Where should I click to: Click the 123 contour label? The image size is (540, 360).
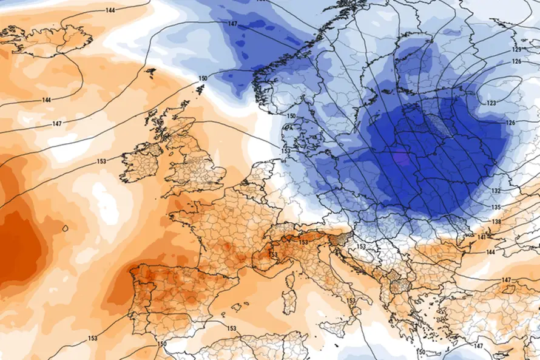click(491, 103)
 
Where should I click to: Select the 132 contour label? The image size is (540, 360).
click(495, 191)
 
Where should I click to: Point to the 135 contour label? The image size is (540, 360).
click(496, 208)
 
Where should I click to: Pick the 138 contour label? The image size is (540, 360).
click(496, 223)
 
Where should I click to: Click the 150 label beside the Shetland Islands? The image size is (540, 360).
click(203, 78)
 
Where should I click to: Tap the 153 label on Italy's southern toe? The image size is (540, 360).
click(351, 301)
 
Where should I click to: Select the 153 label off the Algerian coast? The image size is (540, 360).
click(231, 328)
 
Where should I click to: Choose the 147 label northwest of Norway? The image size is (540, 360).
click(232, 24)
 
